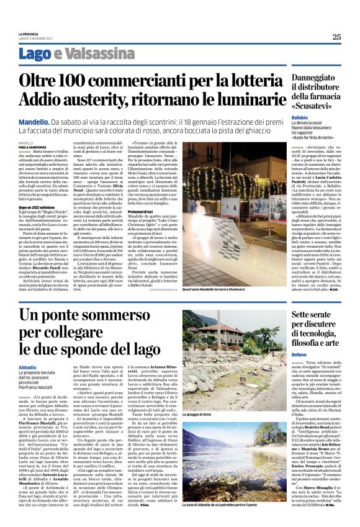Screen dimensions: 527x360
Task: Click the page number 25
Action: pos(336,37)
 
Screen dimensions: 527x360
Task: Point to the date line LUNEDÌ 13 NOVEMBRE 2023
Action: pos(35,38)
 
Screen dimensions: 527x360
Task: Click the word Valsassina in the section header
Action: pos(95,55)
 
